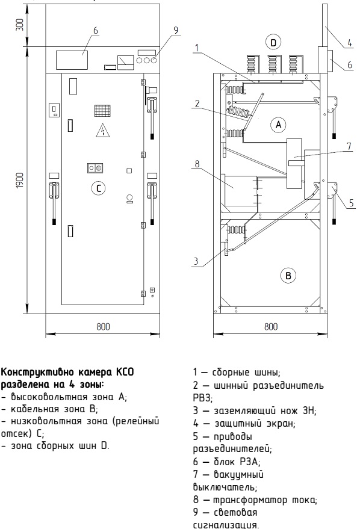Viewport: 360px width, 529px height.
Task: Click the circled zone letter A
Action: (x=278, y=125)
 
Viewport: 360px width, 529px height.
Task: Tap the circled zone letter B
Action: (x=288, y=276)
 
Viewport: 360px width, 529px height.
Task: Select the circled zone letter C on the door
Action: (x=99, y=188)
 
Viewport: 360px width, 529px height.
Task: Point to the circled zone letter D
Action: (x=273, y=43)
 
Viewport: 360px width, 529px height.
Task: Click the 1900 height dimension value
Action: (x=20, y=181)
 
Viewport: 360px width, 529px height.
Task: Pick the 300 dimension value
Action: (x=20, y=25)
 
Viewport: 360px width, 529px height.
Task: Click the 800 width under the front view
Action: (x=103, y=327)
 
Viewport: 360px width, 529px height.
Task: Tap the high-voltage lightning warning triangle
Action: (x=102, y=131)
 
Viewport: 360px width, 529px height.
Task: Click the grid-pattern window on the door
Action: (x=102, y=110)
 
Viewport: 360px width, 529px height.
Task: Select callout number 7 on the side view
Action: (x=349, y=146)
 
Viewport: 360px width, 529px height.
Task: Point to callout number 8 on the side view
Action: (x=197, y=164)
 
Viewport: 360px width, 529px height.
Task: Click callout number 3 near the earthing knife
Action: (x=196, y=261)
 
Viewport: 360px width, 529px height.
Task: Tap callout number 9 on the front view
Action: (x=175, y=30)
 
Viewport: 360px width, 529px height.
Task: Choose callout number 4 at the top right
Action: (x=350, y=43)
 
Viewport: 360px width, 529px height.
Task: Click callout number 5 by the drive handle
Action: (x=351, y=202)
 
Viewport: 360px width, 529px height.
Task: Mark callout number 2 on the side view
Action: (x=197, y=104)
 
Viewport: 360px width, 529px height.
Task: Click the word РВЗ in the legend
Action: (x=202, y=398)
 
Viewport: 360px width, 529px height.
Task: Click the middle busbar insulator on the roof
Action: (x=273, y=64)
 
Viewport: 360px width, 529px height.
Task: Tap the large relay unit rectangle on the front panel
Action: (x=72, y=60)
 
